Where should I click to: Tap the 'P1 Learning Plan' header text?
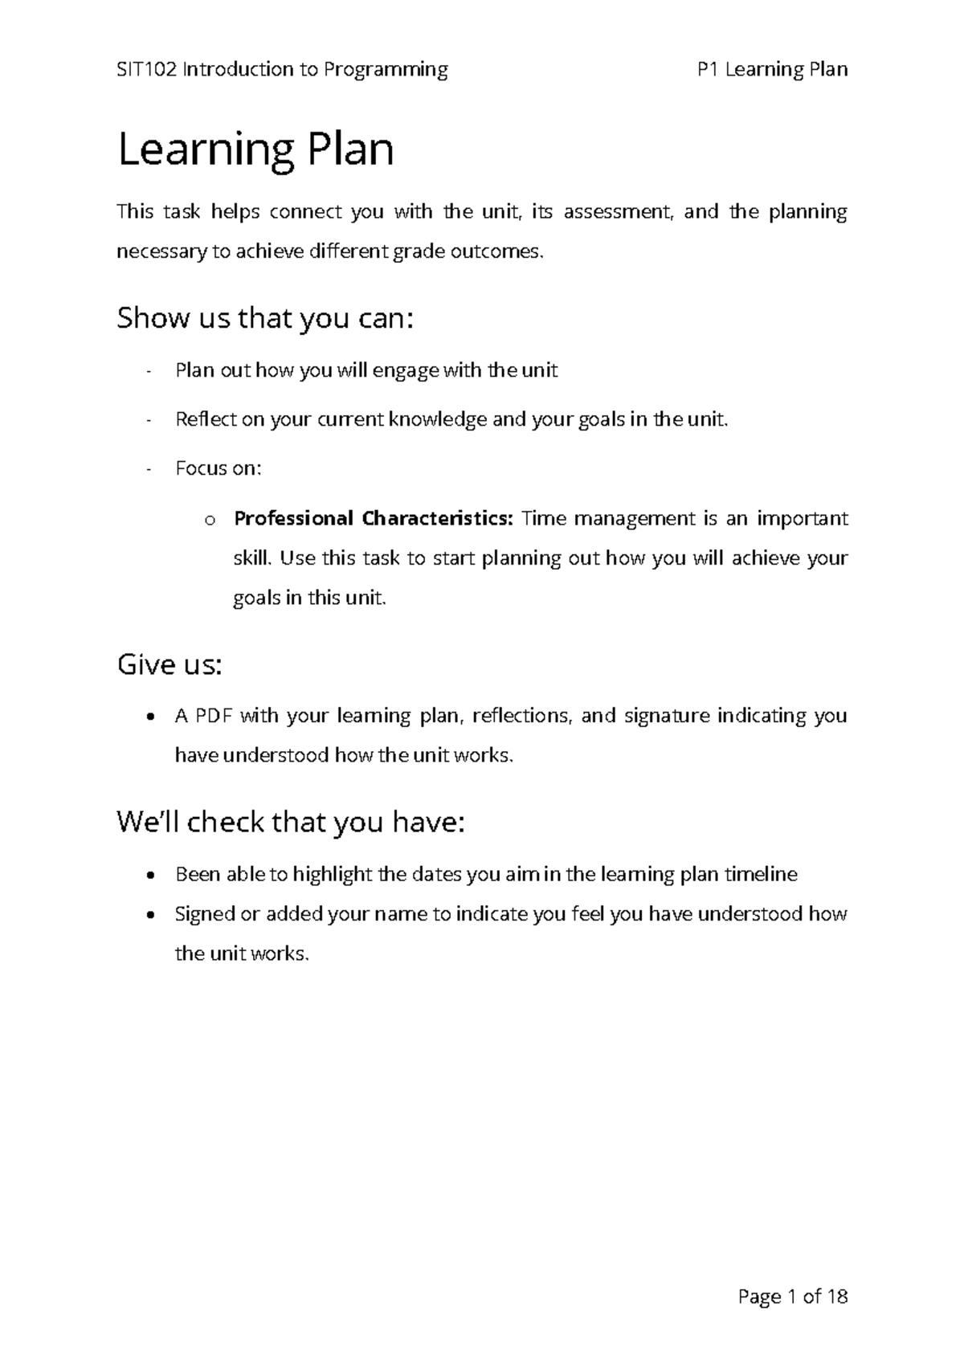773,70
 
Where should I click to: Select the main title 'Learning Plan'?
255,150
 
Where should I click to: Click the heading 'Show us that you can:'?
265,319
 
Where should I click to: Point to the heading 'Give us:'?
169,665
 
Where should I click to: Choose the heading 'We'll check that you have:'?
291,822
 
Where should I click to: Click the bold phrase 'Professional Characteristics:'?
373,518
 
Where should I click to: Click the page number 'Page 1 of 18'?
792,1296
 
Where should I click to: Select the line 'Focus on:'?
218,468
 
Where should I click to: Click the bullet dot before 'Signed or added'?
151,915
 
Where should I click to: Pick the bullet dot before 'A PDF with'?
151,716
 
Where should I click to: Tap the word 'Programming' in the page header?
386,70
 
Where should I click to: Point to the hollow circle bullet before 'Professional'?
210,520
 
